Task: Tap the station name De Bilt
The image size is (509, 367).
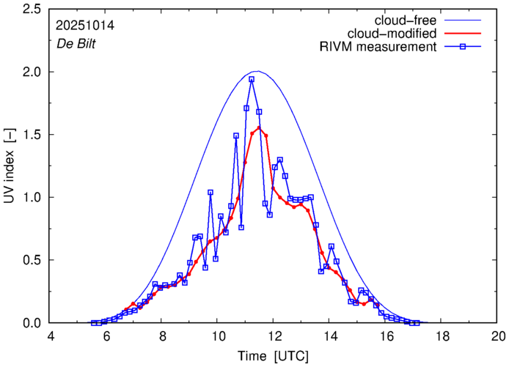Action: click(77, 42)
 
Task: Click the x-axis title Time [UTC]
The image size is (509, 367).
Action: click(274, 356)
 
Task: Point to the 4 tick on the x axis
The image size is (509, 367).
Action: click(51, 336)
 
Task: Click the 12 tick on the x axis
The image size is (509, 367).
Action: click(274, 336)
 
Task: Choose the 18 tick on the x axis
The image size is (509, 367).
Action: click(442, 336)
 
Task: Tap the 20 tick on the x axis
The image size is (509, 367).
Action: click(497, 336)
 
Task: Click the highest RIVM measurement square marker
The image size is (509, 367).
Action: click(252, 79)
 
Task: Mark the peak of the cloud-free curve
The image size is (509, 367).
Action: click(257, 72)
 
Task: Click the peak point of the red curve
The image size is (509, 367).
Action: click(259, 128)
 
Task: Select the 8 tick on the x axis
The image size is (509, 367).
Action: click(162, 336)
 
